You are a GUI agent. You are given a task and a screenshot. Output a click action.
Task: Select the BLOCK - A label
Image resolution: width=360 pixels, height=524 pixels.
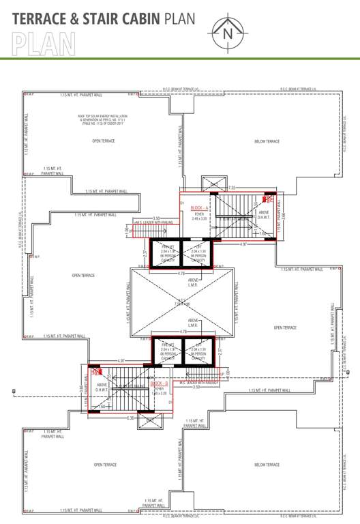(x=199, y=207)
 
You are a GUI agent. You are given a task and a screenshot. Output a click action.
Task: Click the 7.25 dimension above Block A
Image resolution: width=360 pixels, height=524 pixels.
(x=232, y=187)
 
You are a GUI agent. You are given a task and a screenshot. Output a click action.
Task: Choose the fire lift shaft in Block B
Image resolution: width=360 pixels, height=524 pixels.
(x=168, y=353)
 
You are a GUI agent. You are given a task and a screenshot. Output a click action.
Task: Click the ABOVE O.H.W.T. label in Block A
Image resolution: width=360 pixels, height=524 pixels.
(x=264, y=214)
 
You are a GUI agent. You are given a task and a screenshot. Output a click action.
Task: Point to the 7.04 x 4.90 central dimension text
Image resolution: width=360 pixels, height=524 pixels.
(x=181, y=304)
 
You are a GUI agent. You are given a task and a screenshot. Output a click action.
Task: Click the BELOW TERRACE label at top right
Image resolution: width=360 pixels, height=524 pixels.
(x=267, y=141)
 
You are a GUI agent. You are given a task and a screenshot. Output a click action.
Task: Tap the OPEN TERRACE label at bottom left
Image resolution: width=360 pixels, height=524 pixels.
(x=105, y=465)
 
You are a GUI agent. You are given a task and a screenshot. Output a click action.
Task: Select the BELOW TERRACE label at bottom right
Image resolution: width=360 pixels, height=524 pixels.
(x=267, y=465)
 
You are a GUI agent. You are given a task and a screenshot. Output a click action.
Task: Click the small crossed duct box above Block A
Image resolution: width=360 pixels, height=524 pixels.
(x=213, y=183)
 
